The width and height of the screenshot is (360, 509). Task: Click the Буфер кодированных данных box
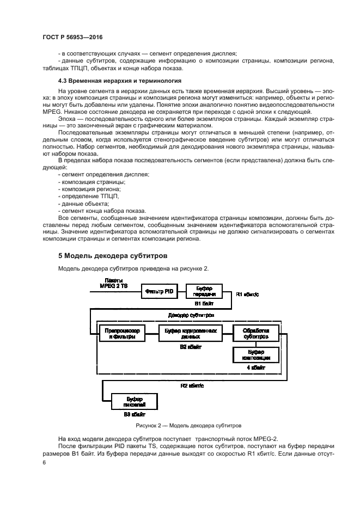click(190, 334)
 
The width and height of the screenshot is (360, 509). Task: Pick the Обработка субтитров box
click(255, 334)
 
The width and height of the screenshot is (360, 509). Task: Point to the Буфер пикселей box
click(133, 402)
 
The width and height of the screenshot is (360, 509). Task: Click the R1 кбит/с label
click(248, 295)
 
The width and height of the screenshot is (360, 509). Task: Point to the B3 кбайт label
click(133, 414)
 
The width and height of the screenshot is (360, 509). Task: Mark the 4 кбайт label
click(255, 369)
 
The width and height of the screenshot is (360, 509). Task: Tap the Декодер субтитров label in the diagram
click(191, 315)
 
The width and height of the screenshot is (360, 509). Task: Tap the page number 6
click(45, 462)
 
